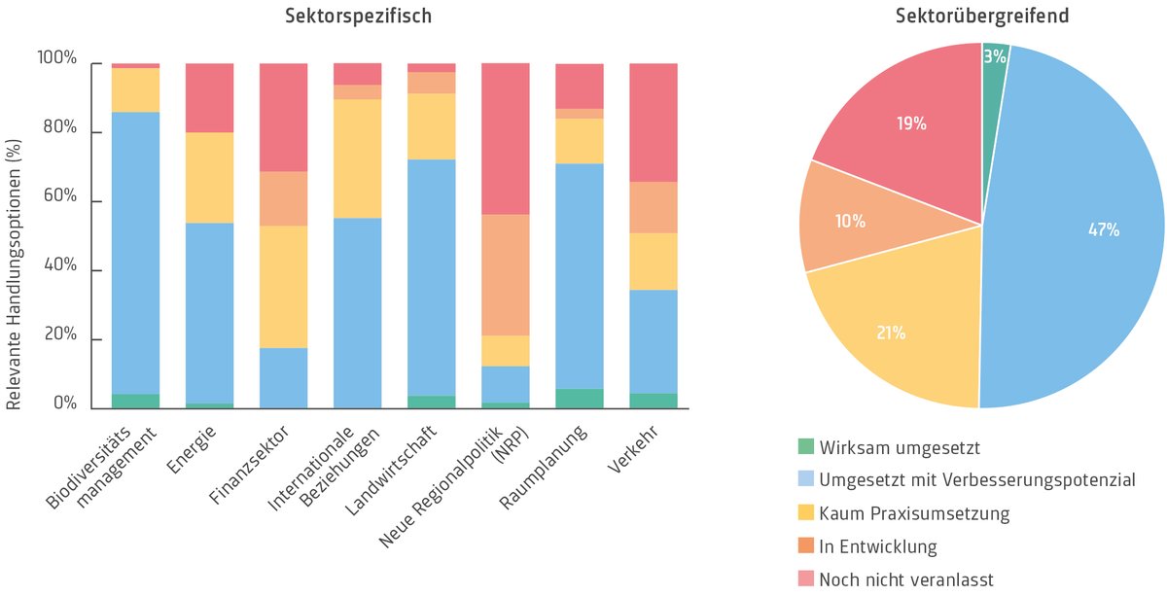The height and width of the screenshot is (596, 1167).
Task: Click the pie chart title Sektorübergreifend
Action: click(980, 17)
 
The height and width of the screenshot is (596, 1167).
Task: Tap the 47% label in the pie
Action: click(1103, 230)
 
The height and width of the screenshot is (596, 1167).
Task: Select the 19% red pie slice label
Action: click(911, 124)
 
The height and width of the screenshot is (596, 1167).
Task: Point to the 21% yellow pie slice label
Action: click(891, 333)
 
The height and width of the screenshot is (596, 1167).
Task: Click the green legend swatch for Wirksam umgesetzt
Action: click(804, 448)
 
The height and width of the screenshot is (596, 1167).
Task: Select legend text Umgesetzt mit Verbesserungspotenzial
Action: click(976, 480)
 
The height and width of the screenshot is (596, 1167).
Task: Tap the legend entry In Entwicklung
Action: click(877, 546)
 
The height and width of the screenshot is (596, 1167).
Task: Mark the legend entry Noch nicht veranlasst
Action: click(905, 579)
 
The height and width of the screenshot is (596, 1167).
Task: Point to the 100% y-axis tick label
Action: click(55, 58)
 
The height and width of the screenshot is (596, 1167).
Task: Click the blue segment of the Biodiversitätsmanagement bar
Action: click(135, 253)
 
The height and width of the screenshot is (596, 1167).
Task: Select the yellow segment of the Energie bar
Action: click(209, 177)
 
